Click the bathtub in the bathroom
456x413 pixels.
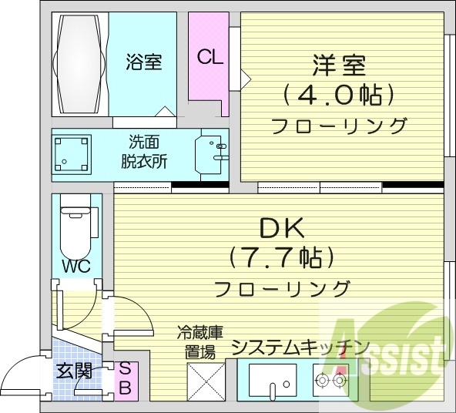pos(79,64)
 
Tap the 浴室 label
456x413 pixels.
pos(144,62)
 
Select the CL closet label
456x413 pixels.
pos(210,57)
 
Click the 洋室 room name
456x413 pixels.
pos(339,65)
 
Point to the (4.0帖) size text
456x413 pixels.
pos(339,95)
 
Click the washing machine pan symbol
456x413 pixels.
pos(72,154)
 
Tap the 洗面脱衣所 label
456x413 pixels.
pos(144,152)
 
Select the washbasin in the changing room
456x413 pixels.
pos(212,155)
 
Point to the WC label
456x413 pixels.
pos(76,266)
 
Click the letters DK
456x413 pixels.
pos(281,228)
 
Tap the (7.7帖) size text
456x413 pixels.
pos(281,257)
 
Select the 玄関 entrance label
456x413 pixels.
pos(74,371)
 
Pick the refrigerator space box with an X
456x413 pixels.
pos(206,382)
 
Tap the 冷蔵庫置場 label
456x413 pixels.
pos(200,342)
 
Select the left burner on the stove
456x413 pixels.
pos(322,380)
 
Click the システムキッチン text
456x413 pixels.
pos(299,347)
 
